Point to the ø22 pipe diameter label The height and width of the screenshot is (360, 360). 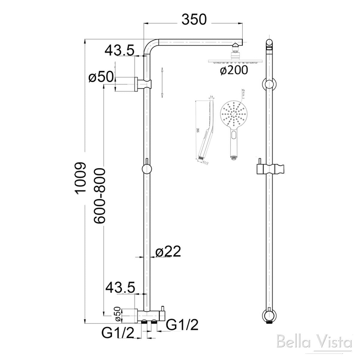tap(168, 252)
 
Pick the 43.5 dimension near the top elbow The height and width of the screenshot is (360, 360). tap(119, 50)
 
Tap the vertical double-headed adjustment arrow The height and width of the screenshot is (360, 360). tap(162, 82)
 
